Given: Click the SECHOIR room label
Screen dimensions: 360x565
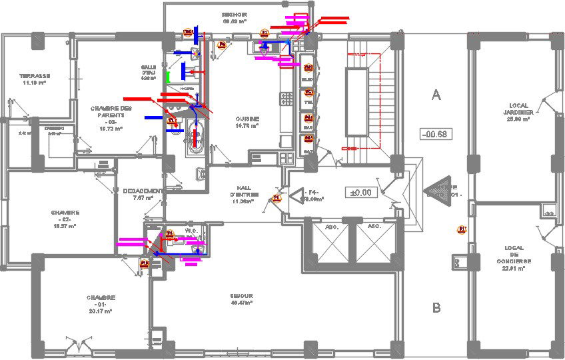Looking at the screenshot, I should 235,15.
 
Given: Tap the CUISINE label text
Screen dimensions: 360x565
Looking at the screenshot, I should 247,119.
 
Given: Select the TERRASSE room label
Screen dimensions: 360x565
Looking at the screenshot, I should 35,76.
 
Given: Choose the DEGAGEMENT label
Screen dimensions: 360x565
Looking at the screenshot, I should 143,191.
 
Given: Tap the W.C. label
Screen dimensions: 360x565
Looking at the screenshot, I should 191,230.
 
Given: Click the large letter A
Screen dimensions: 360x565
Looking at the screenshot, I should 436,95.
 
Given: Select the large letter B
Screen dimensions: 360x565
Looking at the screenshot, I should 436,307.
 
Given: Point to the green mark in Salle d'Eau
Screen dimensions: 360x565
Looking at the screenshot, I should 169,77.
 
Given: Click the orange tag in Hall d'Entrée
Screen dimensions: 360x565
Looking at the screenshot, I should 277,198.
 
